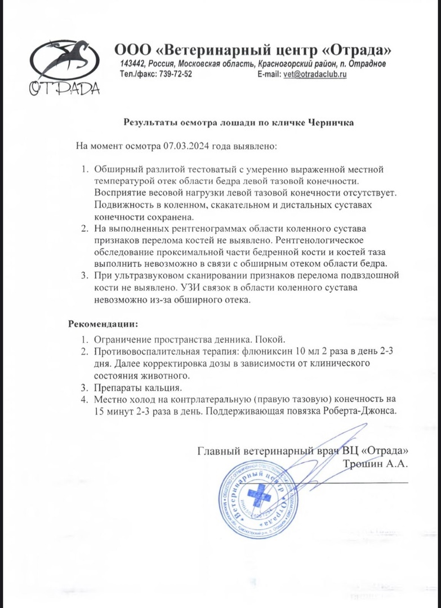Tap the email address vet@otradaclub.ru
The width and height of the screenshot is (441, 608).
[x=314, y=74]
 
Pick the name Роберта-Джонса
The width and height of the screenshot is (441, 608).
[x=367, y=410]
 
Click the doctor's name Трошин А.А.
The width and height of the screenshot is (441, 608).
[x=375, y=464]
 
